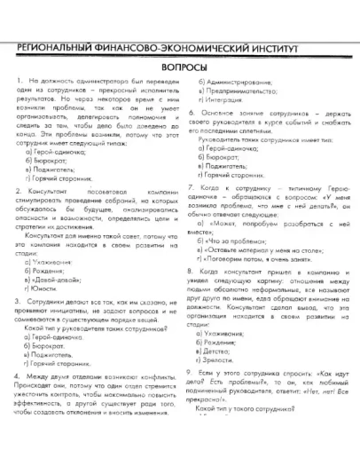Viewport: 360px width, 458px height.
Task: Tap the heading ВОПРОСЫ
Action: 180,67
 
